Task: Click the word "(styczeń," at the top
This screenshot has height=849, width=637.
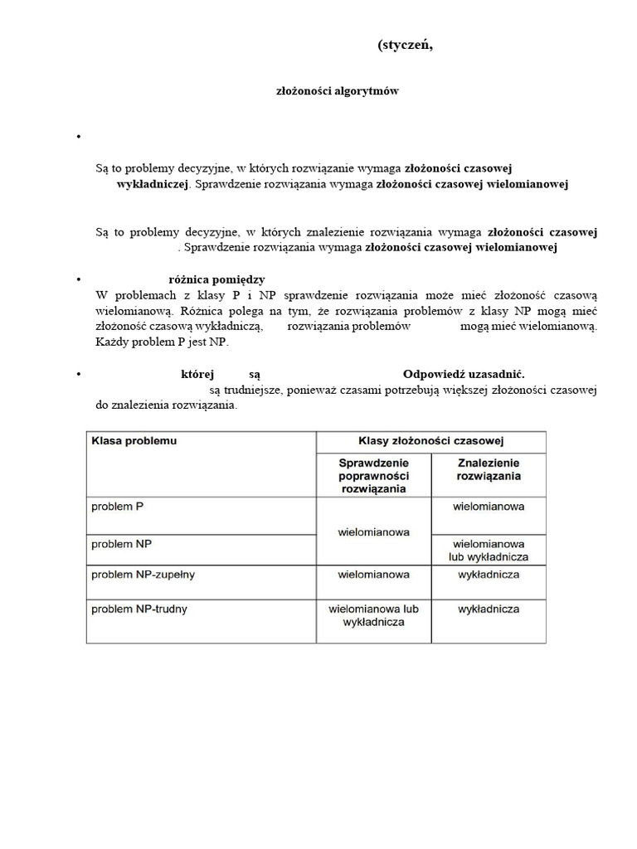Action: click(405, 46)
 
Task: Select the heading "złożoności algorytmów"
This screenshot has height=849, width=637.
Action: click(337, 91)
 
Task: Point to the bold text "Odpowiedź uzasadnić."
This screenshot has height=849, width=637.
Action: click(464, 374)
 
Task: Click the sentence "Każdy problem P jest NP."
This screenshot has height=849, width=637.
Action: click(161, 342)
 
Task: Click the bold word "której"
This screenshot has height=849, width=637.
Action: click(197, 374)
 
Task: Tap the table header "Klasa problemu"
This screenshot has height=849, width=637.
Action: click(133, 441)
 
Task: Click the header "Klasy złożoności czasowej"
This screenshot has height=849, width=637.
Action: click(430, 441)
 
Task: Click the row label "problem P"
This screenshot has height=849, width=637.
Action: click(118, 506)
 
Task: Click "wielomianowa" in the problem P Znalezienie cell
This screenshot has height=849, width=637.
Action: click(489, 505)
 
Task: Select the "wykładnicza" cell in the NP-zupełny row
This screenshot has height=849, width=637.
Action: click(489, 574)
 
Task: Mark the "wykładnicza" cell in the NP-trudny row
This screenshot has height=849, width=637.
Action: click(489, 609)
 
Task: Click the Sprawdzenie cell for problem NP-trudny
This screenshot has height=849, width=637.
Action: click(373, 615)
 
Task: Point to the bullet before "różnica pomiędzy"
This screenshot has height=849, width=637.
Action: click(77, 280)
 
